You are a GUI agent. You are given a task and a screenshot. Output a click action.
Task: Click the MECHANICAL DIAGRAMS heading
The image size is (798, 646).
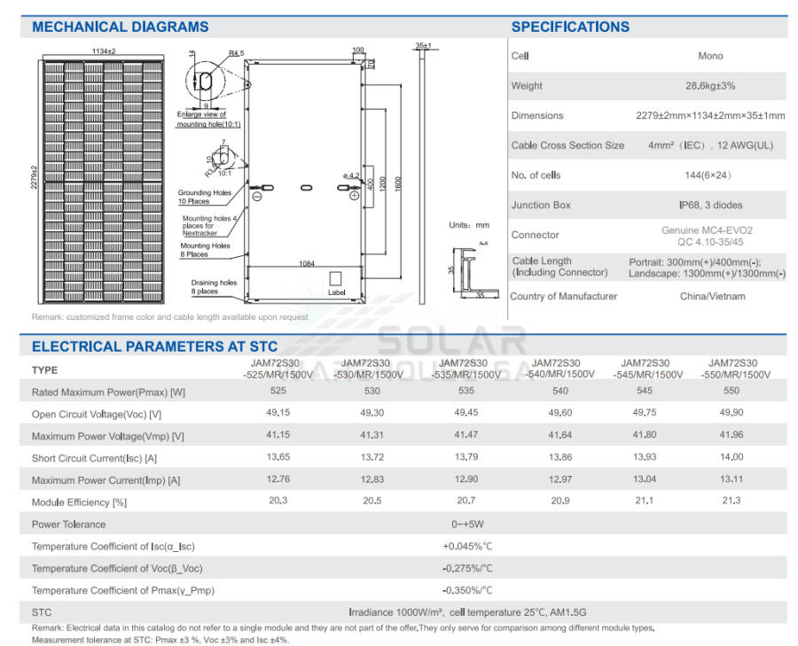[x=120, y=27]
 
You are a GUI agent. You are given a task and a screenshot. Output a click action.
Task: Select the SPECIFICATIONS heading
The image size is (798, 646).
[x=570, y=27]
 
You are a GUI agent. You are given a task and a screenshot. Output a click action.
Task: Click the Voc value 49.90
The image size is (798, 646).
[x=731, y=413]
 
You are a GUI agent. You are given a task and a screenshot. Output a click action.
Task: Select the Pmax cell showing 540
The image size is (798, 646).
[x=559, y=391]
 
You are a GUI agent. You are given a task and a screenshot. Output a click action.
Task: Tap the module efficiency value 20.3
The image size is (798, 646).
[x=278, y=501]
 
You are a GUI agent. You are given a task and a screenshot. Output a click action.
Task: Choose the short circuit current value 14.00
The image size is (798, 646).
[x=731, y=457]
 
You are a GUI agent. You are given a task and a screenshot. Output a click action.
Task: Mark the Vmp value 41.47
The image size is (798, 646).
[x=465, y=435]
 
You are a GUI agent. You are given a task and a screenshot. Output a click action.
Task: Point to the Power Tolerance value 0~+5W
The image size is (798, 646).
[x=466, y=524]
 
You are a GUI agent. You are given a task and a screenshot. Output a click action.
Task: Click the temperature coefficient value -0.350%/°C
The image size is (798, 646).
[x=467, y=590]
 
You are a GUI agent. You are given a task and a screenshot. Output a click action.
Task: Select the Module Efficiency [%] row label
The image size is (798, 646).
[x=79, y=502]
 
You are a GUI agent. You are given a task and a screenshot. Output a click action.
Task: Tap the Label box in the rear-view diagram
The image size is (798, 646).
[x=336, y=283]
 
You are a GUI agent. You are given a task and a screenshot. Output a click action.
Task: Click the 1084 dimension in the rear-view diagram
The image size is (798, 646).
[x=306, y=264]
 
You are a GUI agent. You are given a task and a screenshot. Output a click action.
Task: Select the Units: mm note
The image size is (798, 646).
[x=469, y=225]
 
